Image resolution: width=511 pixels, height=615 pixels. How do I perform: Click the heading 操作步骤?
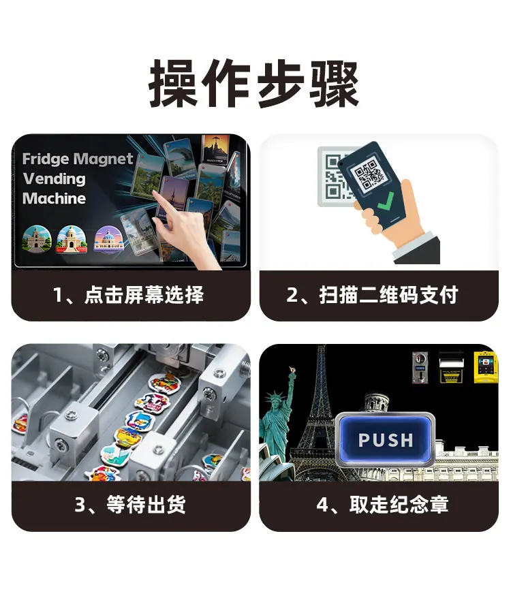click(254, 84)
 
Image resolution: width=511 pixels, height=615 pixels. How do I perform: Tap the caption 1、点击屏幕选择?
click(128, 295)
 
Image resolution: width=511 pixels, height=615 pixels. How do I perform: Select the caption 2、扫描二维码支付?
click(372, 295)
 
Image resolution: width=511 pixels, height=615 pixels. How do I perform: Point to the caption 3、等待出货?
click(130, 505)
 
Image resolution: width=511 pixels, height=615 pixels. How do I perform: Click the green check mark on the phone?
click(386, 202)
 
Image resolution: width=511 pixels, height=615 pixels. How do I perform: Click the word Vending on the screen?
click(54, 179)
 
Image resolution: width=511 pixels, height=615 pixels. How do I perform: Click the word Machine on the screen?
click(54, 198)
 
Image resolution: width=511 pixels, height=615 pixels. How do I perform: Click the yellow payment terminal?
click(486, 367)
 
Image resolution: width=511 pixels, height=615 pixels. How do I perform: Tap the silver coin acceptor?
click(420, 368)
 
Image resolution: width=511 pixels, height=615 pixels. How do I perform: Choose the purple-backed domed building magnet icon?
click(108, 238)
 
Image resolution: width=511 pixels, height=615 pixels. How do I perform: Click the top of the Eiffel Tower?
click(322, 347)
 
